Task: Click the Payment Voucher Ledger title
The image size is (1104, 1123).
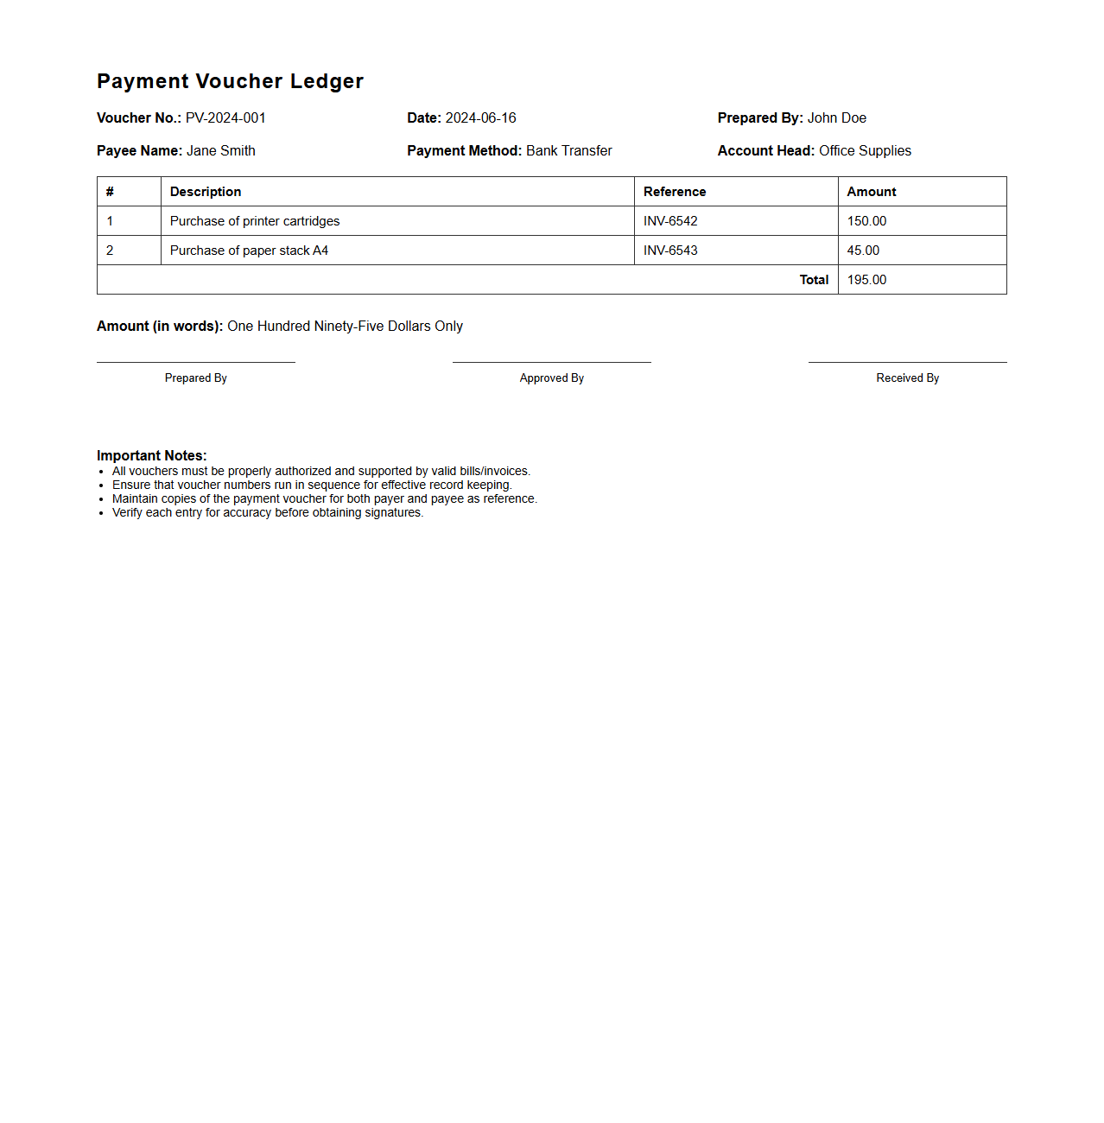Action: [x=230, y=81]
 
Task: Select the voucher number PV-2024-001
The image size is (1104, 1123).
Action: [x=225, y=118]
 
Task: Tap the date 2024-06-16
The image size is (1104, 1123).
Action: [x=480, y=118]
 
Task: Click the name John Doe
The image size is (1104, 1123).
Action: [x=836, y=118]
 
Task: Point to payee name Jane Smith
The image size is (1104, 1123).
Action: [x=220, y=151]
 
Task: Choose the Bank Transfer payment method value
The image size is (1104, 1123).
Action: [x=568, y=151]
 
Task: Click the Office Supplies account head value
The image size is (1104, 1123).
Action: [x=865, y=151]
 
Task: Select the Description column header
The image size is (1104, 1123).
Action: [x=206, y=192]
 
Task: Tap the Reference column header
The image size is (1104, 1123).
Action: [x=675, y=192]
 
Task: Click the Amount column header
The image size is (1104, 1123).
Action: [x=871, y=192]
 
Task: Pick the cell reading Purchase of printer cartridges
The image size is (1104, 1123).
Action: [x=255, y=221]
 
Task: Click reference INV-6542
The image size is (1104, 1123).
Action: [x=670, y=221]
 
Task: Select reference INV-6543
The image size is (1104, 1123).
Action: [x=670, y=251]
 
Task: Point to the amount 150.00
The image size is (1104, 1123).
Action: [x=866, y=221]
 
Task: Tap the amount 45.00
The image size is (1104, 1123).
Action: [x=863, y=251]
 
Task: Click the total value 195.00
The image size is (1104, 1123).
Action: [x=866, y=280]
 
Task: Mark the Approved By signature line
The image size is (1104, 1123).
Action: [x=551, y=362]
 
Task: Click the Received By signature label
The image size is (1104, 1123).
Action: [x=907, y=378]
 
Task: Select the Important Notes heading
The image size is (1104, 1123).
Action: [x=152, y=456]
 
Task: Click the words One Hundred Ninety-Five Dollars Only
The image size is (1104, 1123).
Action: [x=345, y=327]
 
